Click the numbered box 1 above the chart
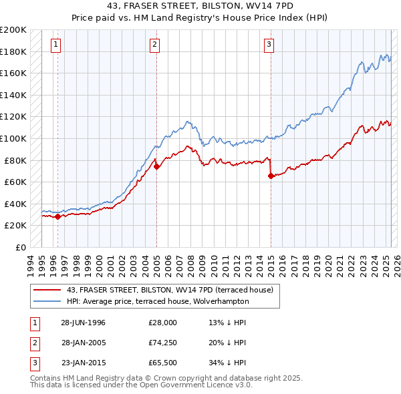click(x=55, y=45)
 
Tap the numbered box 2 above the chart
click(x=154, y=45)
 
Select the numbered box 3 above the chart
click(x=269, y=45)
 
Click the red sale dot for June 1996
click(x=58, y=216)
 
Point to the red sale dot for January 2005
click(x=156, y=167)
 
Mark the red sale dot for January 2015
click(x=271, y=176)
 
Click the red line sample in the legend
click(x=47, y=290)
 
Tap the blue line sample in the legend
click(x=47, y=301)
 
